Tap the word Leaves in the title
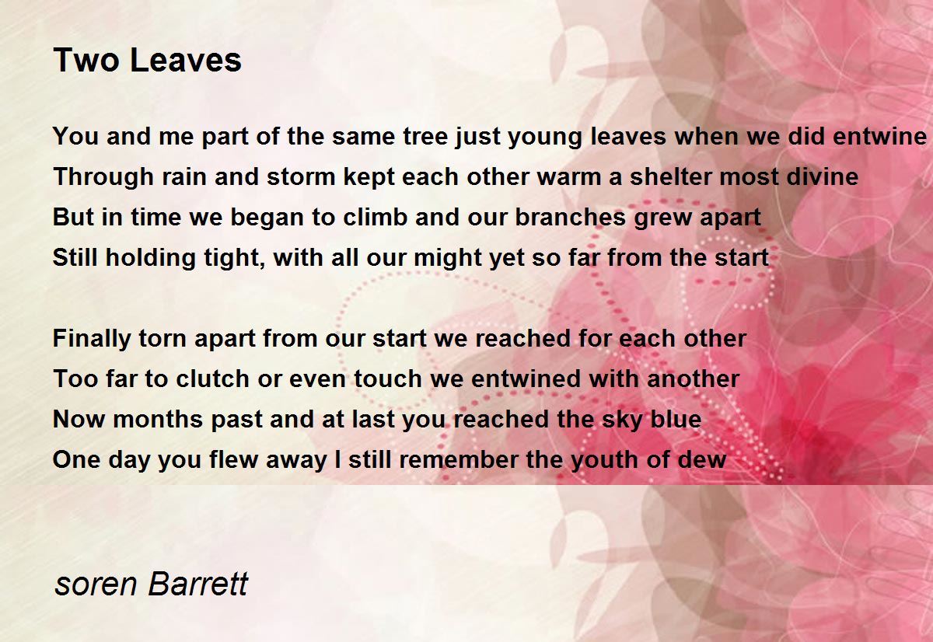coord(186,60)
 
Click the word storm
coord(301,176)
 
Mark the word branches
coord(570,217)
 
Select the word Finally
coord(92,339)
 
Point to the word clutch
coord(212,379)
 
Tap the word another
coord(693,379)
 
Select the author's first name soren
coord(96,585)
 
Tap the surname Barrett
coord(198,584)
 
